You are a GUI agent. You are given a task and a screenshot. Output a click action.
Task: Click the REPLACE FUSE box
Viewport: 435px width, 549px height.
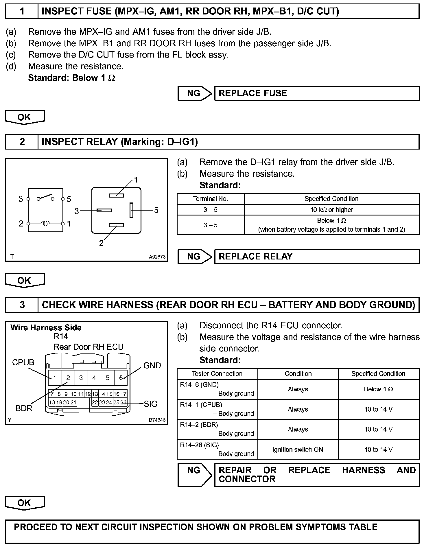point(316,93)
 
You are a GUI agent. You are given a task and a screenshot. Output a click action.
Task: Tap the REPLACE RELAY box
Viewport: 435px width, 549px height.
point(316,257)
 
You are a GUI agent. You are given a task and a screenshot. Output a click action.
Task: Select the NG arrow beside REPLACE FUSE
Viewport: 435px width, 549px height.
point(195,93)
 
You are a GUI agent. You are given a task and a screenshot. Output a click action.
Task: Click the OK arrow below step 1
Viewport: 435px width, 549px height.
point(25,117)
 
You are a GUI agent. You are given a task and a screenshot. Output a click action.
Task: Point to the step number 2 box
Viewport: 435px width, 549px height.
point(22,142)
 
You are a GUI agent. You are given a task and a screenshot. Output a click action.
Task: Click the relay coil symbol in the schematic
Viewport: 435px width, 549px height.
point(45,223)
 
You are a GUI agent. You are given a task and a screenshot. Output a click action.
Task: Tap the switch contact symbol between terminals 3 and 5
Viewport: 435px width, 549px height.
point(45,197)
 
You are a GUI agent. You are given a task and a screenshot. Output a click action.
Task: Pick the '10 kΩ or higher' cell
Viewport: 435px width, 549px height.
point(331,210)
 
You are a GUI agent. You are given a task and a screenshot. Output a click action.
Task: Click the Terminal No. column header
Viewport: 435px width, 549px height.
point(210,199)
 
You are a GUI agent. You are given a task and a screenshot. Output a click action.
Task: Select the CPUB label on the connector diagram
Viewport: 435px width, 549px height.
point(23,362)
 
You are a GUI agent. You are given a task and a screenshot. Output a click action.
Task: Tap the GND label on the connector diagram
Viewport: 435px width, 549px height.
point(152,365)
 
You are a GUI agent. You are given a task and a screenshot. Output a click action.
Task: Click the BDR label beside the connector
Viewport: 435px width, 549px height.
point(24,408)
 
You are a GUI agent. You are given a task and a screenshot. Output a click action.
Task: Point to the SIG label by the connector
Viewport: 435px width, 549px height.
point(150,404)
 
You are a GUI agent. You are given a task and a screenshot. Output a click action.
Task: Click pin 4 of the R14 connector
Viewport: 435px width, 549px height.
point(94,378)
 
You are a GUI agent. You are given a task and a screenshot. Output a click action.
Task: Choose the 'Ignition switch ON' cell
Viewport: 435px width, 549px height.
point(298,449)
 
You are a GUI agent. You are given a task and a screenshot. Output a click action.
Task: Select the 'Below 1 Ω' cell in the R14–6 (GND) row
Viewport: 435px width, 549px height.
point(378,389)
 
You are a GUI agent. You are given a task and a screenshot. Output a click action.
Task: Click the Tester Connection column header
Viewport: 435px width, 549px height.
point(217,373)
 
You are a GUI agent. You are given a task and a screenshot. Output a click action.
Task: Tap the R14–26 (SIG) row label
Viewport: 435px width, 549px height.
point(200,445)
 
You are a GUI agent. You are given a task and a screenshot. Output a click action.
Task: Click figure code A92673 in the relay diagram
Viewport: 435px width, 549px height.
point(157,257)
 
